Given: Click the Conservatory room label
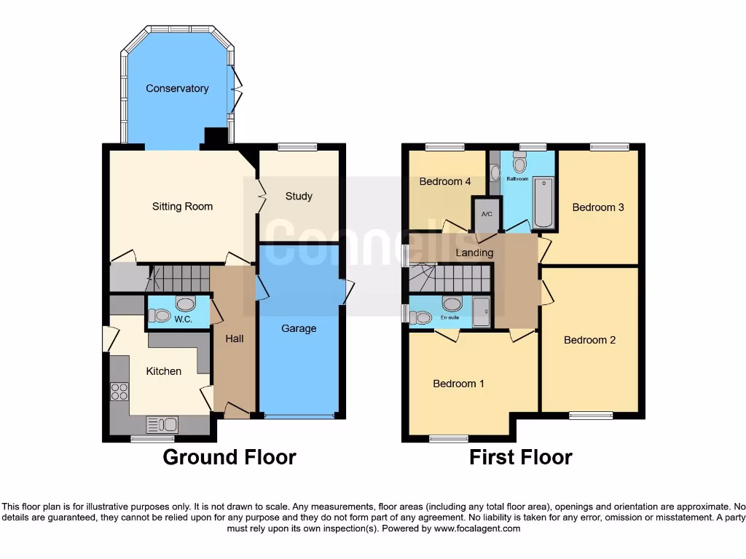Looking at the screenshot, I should tap(177, 89).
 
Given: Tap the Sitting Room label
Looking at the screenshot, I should tap(182, 207).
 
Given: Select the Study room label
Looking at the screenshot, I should tap(299, 197).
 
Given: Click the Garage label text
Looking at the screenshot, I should tap(299, 328).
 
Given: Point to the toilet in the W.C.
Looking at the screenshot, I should tap(160, 316).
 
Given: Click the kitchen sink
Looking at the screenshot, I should tap(162, 424).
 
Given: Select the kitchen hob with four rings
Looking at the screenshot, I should tap(119, 392).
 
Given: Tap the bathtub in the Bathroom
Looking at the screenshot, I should tap(543, 202).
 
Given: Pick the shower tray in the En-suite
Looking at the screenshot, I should tap(482, 312).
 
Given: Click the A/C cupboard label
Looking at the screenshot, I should tap(486, 215).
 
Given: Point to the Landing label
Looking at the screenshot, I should tap(474, 253).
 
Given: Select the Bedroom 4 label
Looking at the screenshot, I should tap(445, 182).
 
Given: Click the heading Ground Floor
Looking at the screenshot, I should tap(229, 457).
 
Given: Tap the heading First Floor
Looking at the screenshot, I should tap(520, 457).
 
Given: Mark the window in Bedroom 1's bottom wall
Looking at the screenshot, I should tap(449, 438).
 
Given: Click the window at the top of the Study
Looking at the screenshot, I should tap(297, 148).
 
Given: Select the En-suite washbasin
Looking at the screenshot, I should tap(452, 304).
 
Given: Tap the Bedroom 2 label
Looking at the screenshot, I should tap(590, 340).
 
